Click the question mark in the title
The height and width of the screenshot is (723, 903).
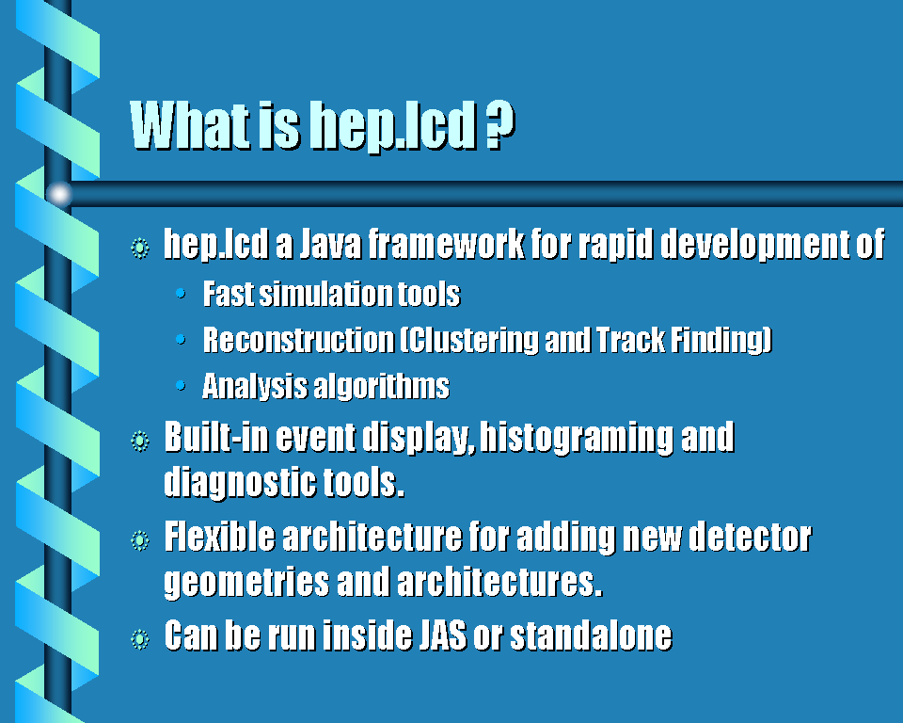[x=499, y=125]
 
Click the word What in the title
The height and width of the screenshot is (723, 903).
[x=189, y=125]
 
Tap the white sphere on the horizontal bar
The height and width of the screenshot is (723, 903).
[x=58, y=194]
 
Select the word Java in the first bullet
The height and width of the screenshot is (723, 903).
[x=330, y=245]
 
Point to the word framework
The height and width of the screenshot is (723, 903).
[x=446, y=245]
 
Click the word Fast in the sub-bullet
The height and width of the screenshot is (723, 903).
[x=228, y=294]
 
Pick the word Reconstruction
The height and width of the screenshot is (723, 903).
[x=298, y=340]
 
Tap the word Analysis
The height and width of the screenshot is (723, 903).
[x=254, y=386]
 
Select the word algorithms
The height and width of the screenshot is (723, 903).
[x=381, y=386]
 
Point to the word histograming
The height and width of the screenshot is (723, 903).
[x=577, y=438]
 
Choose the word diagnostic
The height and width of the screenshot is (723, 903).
[x=240, y=483]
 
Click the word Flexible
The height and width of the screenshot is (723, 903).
[x=219, y=537]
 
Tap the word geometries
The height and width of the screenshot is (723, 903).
[x=246, y=583]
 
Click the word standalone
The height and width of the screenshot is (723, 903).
[x=591, y=635]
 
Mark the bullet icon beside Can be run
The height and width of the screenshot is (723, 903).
[x=140, y=639]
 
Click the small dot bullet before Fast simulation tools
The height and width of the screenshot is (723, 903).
[x=181, y=294]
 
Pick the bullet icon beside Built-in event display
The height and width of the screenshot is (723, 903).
[x=140, y=442]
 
